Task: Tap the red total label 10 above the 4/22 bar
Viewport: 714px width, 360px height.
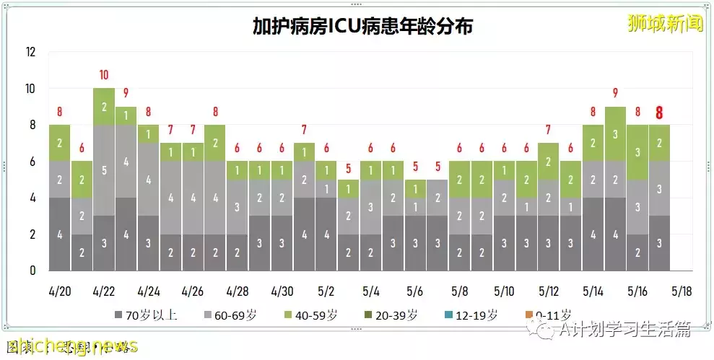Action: click(x=104, y=75)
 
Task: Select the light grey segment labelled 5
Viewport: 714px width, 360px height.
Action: click(x=104, y=170)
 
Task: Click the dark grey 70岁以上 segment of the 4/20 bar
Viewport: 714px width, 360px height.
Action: click(x=60, y=234)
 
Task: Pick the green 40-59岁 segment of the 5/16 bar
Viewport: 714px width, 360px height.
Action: click(x=637, y=152)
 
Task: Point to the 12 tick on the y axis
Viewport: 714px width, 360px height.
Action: click(x=30, y=52)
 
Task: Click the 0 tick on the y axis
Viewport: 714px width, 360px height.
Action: click(x=32, y=271)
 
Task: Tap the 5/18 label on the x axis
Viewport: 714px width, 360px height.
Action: click(x=681, y=292)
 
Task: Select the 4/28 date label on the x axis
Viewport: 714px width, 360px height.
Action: click(x=237, y=292)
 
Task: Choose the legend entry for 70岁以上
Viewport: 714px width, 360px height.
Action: click(x=146, y=315)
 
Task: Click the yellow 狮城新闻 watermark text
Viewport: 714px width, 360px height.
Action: click(x=664, y=23)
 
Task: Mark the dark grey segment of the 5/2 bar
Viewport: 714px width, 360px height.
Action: click(x=326, y=234)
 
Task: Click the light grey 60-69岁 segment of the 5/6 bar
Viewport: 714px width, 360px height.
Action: click(x=414, y=206)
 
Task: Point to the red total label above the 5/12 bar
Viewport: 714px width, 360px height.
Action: click(x=548, y=130)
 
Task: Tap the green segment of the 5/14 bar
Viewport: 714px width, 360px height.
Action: click(x=592, y=142)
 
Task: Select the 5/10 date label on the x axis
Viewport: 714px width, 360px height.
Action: click(x=503, y=292)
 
